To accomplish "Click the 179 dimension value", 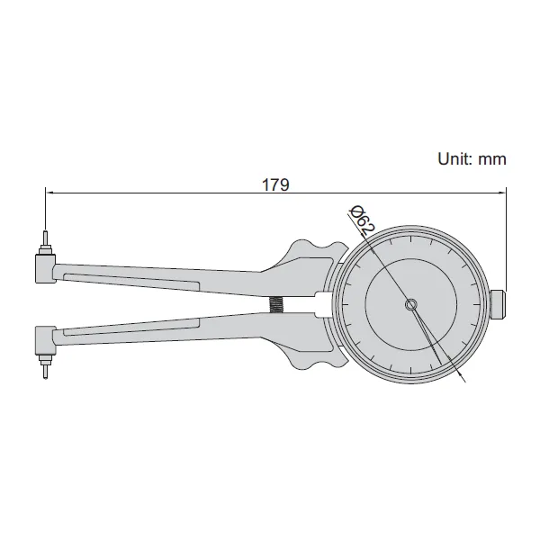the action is tap(275, 184).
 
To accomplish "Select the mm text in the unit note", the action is tap(492, 160).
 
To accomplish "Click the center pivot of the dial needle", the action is tap(411, 304).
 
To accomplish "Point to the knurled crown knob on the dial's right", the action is tap(498, 305).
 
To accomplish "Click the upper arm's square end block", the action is tap(45, 268).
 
